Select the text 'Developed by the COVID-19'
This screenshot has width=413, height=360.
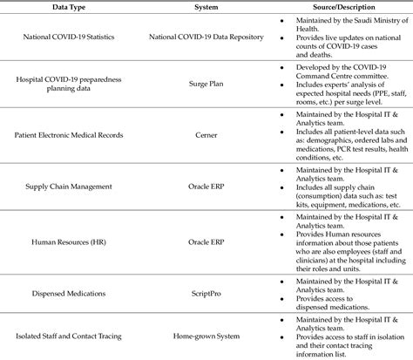click(x=338, y=66)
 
